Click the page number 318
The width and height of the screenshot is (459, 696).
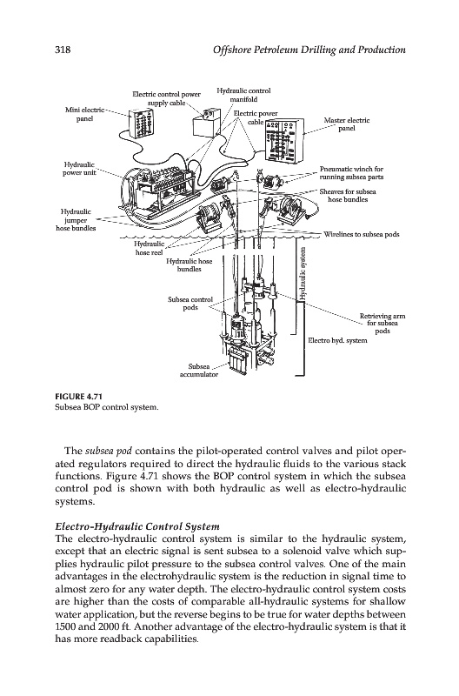tap(63, 50)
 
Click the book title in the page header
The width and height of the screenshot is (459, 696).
tap(309, 50)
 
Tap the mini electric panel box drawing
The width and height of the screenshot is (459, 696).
tap(142, 123)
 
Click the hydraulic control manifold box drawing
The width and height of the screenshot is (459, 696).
tap(206, 123)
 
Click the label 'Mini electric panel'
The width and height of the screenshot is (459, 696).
tap(84, 114)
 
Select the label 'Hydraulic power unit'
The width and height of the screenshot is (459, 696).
tap(79, 168)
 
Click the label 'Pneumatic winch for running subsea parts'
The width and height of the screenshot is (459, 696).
tap(351, 173)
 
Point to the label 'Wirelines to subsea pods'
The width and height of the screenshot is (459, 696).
tap(361, 234)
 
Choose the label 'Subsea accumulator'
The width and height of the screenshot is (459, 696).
tap(199, 371)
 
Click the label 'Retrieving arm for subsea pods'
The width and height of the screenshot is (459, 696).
tap(382, 323)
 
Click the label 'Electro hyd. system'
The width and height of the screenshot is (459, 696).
tap(337, 340)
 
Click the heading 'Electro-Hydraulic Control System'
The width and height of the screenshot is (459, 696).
tap(137, 527)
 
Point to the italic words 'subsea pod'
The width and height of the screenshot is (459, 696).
tap(108, 452)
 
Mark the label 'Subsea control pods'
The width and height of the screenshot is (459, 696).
tap(190, 304)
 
